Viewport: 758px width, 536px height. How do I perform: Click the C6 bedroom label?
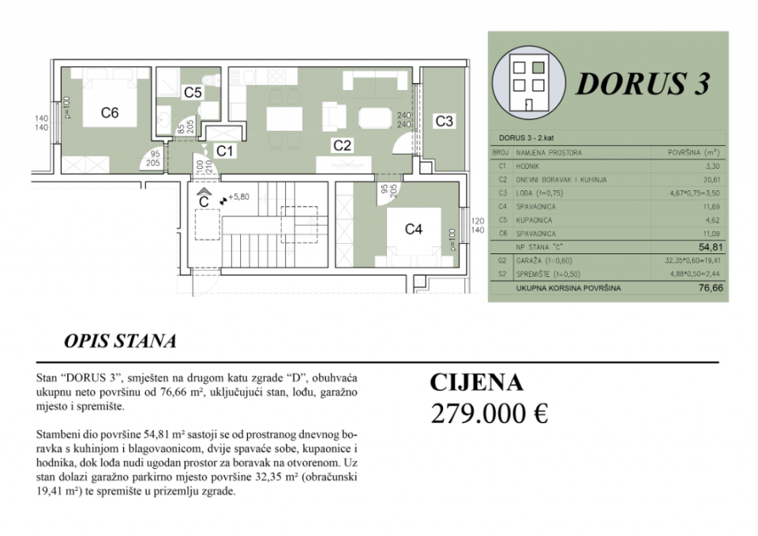click(110, 113)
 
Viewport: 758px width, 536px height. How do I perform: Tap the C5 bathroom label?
click(193, 92)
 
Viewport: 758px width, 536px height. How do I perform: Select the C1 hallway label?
click(224, 148)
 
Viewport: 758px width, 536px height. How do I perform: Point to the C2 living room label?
click(341, 144)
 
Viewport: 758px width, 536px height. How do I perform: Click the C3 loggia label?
click(445, 121)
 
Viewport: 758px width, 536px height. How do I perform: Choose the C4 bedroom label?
click(413, 230)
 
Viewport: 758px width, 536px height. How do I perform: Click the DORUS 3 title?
click(642, 83)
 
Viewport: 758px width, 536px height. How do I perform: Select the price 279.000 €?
click(489, 413)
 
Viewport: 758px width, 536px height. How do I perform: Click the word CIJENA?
click(476, 383)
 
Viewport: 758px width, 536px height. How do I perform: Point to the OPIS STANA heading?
click(119, 342)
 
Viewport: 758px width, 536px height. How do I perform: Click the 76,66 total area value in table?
click(709, 288)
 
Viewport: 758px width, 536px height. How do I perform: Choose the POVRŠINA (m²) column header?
click(692, 151)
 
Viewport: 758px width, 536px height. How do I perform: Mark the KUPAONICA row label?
click(535, 220)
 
